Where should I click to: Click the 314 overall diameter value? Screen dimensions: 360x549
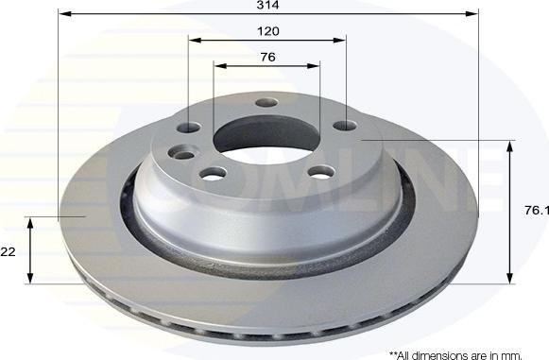coord(272,6)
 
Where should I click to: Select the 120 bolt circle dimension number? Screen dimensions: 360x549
coord(268,30)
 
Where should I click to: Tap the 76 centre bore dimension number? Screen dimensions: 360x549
coord(267,57)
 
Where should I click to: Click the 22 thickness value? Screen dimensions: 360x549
coord(9,251)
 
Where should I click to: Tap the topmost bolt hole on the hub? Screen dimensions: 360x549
coord(266,103)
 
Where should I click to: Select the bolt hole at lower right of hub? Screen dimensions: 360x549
coord(322,172)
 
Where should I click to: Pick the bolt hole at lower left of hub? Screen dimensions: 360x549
coord(214,173)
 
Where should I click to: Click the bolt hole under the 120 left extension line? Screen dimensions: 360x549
coord(190,128)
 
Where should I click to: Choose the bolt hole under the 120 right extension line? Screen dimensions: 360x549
coord(346,125)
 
